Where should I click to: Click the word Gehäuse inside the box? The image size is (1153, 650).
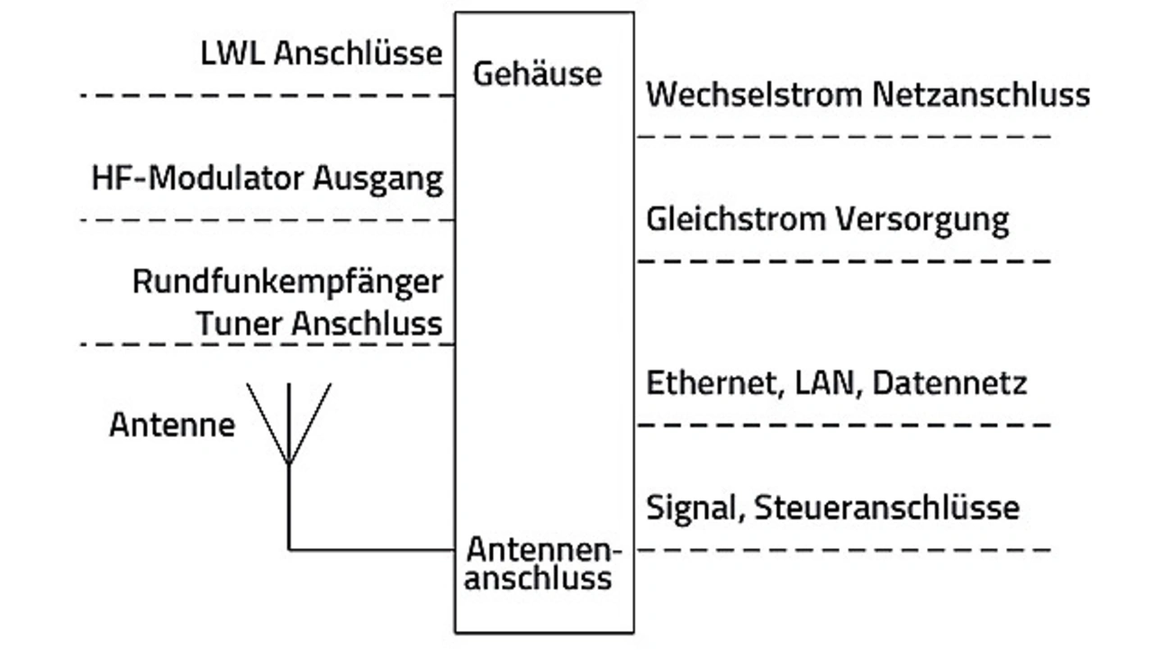(537, 73)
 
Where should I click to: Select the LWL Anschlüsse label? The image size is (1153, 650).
(322, 53)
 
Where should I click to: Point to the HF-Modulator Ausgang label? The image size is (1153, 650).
(268, 179)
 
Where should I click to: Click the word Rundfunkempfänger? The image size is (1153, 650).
(287, 282)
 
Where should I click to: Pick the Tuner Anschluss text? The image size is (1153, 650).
(320, 324)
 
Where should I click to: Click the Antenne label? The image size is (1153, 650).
(172, 424)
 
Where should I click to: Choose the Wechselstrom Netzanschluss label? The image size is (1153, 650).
(867, 95)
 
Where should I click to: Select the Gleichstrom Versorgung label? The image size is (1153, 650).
(827, 219)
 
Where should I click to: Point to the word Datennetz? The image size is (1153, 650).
(949, 383)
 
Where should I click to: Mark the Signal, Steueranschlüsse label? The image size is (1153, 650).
(832, 508)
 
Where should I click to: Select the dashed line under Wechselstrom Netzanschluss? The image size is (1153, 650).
(844, 136)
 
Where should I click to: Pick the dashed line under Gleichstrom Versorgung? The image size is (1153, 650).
(844, 261)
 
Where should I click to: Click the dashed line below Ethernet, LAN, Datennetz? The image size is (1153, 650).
(844, 425)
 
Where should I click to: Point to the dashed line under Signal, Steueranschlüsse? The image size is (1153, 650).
(844, 549)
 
